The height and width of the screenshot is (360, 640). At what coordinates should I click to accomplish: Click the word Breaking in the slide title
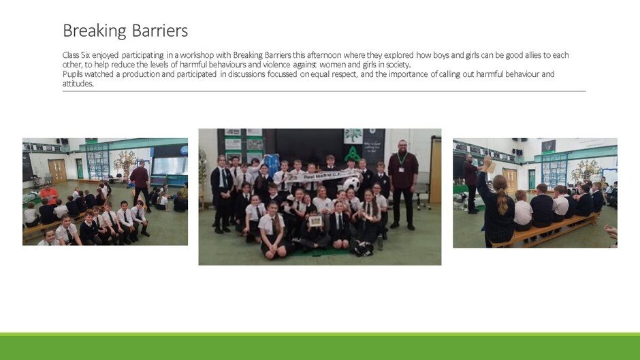point(95,31)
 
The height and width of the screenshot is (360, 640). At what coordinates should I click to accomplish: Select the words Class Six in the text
point(76,55)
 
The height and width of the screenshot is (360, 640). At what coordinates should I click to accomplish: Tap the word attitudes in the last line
point(78,84)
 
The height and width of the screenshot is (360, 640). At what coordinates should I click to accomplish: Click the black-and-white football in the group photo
point(351,184)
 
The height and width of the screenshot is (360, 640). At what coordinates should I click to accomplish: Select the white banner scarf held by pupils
point(318,176)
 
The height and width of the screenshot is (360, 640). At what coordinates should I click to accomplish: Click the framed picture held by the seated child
point(315,221)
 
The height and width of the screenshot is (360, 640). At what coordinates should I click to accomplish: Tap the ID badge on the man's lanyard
point(401,169)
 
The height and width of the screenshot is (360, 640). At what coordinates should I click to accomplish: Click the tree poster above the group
point(353,136)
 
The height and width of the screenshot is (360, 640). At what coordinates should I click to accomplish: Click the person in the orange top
point(49,194)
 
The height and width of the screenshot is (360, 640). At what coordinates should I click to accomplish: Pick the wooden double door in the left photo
point(57,171)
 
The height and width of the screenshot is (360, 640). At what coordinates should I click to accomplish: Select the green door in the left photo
point(80,169)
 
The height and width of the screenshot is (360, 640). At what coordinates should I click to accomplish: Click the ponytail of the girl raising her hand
point(502,201)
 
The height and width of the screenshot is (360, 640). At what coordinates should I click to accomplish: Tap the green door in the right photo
point(532,179)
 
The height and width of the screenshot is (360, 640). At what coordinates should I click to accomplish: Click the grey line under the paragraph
point(324,91)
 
